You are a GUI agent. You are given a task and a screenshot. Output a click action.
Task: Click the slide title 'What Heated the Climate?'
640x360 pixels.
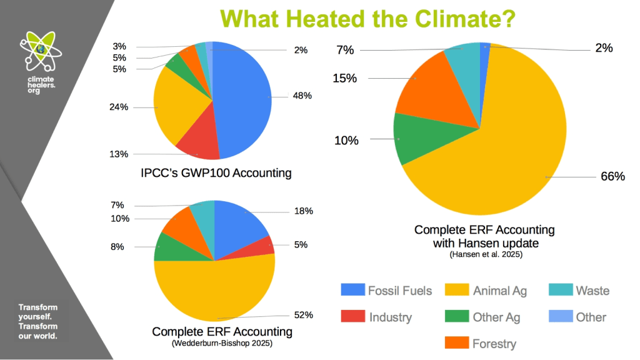click(367, 18)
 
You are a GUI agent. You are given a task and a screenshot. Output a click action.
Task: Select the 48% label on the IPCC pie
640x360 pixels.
click(303, 96)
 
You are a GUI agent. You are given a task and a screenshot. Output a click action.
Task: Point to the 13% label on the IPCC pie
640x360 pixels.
click(136, 154)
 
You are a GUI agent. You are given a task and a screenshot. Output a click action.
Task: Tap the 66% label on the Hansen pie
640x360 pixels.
click(612, 177)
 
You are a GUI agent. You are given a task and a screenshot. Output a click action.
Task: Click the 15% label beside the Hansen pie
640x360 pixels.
click(344, 78)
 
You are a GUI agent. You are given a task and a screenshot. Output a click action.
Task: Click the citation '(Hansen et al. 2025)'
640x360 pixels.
click(484, 254)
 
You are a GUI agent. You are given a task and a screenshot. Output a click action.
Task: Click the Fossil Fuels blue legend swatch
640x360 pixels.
click(351, 291)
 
